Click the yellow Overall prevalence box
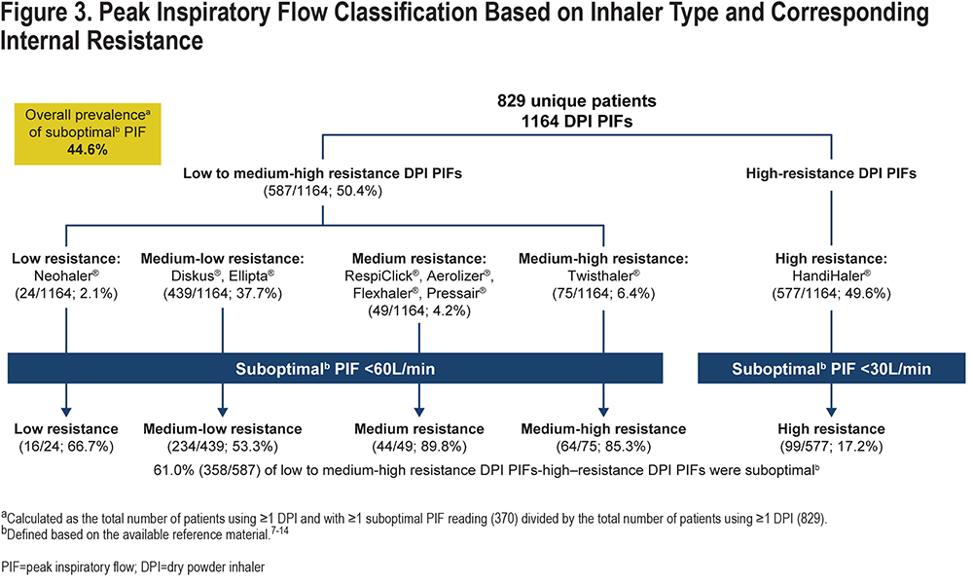point(88,133)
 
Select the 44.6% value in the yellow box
point(88,150)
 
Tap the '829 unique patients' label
point(576,100)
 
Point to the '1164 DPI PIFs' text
point(576,121)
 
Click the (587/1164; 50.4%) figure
point(323,191)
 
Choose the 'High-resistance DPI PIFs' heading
point(831,173)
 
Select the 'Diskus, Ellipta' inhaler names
point(223,275)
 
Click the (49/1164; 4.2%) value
point(418,310)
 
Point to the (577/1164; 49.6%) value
point(831,293)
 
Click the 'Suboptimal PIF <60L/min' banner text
point(335,369)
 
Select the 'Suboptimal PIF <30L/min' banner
point(832,369)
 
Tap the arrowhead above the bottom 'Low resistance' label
point(66,413)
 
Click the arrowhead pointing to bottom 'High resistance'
point(832,413)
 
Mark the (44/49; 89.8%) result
point(418,447)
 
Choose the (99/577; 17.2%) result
point(831,447)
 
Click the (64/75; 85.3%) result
point(603,447)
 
